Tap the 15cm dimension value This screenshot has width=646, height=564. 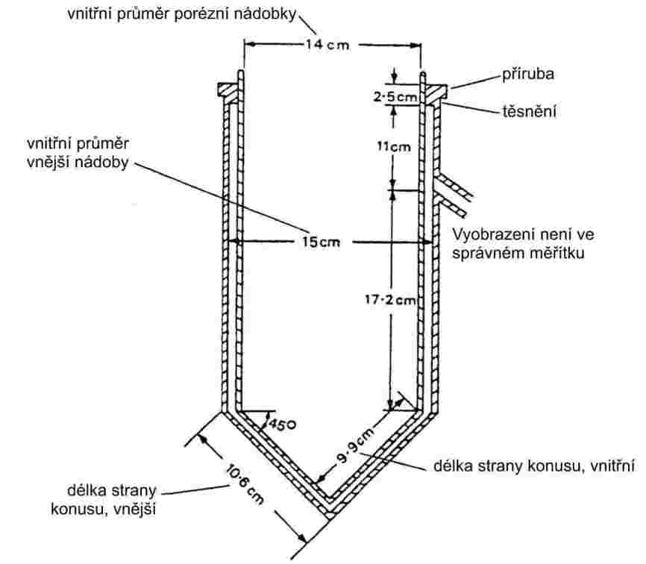[x=329, y=242]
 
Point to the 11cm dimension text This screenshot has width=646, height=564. [x=392, y=146]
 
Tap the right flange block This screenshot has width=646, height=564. [x=435, y=90]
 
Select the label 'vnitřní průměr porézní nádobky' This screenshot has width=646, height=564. [x=183, y=14]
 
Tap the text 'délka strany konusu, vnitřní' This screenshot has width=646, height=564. [x=534, y=468]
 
